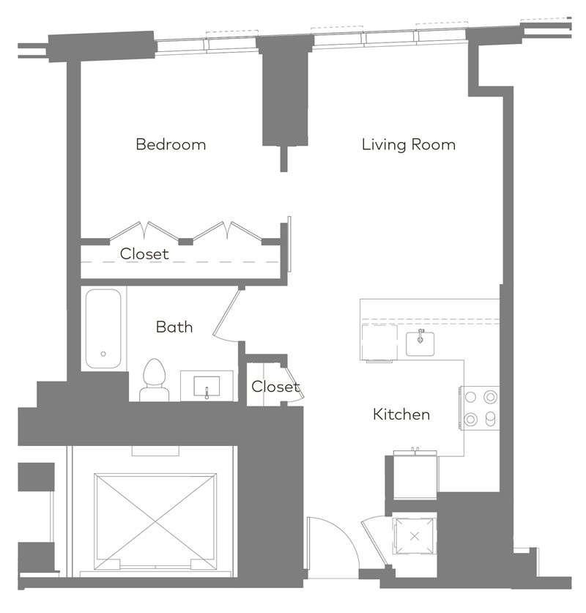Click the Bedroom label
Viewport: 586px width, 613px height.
point(171,145)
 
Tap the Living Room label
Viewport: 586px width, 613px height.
point(409,145)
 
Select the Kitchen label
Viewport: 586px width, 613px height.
point(401,415)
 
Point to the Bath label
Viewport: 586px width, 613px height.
point(174,327)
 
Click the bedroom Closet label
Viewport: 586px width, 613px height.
point(144,254)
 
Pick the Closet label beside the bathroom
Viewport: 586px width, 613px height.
point(275,387)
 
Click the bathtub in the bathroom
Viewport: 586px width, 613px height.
point(103,328)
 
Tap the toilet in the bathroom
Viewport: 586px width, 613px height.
point(155,380)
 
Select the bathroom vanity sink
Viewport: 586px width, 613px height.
point(207,386)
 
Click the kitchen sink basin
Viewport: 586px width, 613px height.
point(420,343)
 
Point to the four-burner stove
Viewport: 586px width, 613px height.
point(480,408)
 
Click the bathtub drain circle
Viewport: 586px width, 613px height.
point(103,354)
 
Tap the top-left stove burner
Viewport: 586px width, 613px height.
point(470,397)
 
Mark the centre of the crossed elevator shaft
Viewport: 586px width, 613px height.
point(155,521)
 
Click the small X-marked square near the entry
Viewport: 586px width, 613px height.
point(415,536)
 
